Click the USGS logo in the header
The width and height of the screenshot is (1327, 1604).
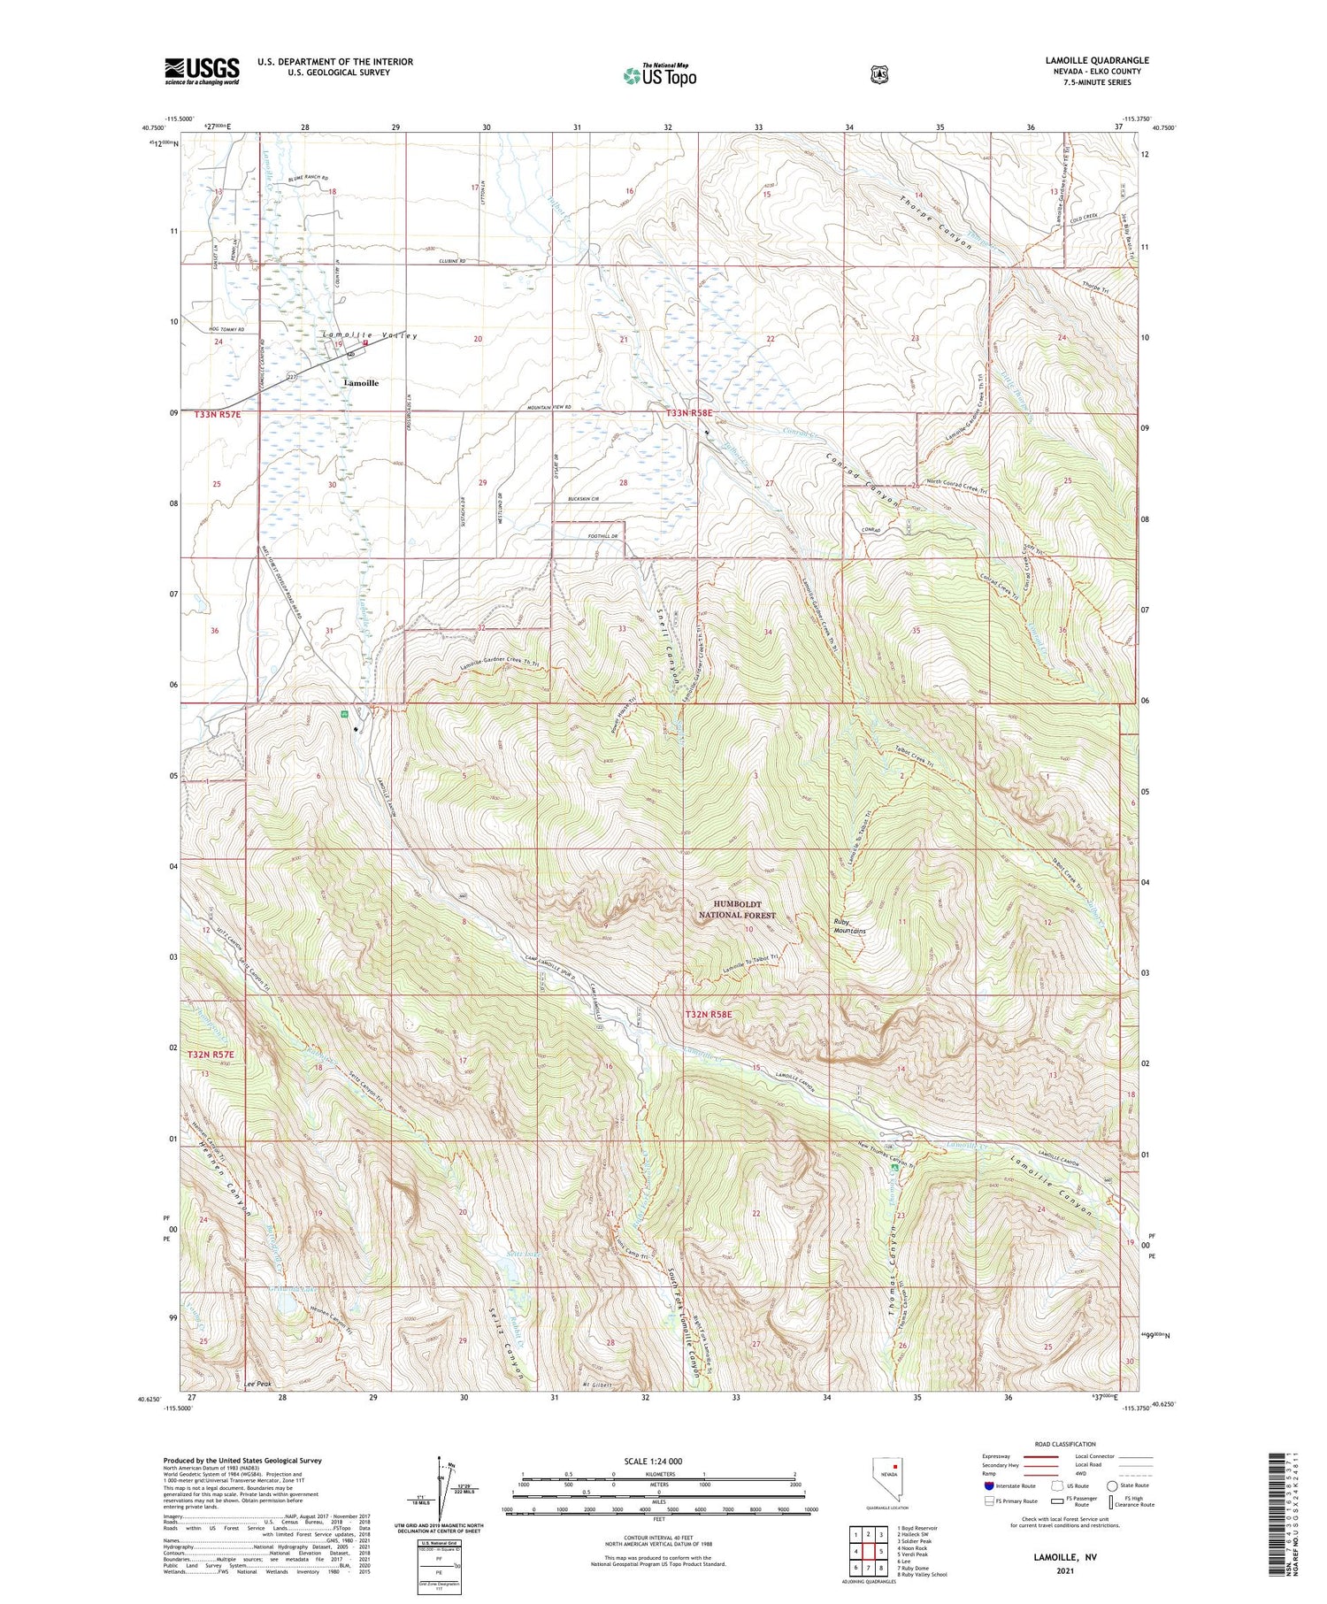point(202,71)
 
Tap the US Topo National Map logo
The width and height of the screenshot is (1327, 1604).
point(660,75)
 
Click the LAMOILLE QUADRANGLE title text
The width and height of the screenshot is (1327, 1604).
point(1097,61)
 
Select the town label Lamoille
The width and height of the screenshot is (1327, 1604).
point(360,383)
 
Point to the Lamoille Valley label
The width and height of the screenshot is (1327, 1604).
point(370,336)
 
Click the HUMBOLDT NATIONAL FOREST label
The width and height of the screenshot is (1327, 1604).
point(737,909)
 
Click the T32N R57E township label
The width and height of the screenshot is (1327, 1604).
point(211,1055)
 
